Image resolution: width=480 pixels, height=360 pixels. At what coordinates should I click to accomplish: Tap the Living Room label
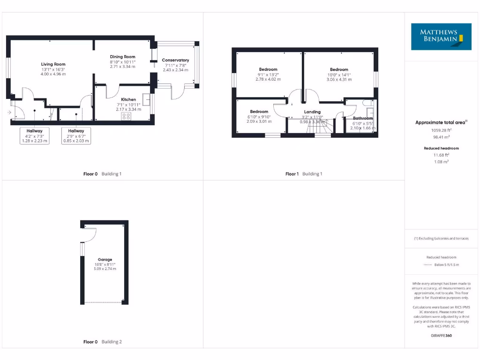[53, 64]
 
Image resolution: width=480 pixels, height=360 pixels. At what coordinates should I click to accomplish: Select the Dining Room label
[122, 57]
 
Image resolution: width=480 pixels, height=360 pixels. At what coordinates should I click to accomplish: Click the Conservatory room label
[175, 60]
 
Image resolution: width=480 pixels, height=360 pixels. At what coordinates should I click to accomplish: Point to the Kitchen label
[128, 99]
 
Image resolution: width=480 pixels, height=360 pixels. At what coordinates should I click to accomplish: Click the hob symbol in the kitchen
[126, 116]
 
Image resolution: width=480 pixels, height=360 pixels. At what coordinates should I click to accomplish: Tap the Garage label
[105, 259]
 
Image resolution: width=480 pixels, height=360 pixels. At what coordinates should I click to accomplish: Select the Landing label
[312, 112]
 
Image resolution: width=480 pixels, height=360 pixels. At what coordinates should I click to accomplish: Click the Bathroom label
[363, 119]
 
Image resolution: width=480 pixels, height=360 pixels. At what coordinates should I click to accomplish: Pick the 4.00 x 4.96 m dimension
[53, 74]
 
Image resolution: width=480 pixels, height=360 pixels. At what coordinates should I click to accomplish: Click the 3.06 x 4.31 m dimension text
[339, 80]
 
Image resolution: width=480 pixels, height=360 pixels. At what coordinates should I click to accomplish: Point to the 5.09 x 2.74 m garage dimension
[105, 269]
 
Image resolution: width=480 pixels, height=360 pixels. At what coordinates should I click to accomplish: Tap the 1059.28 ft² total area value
[442, 130]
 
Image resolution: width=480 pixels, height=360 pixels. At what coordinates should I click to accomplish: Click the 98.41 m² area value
[442, 137]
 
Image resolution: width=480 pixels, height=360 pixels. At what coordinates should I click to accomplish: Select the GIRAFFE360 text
[442, 336]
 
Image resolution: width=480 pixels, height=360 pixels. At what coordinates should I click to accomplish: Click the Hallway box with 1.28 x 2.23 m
[35, 135]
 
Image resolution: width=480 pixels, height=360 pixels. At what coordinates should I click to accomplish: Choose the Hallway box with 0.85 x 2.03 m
[76, 135]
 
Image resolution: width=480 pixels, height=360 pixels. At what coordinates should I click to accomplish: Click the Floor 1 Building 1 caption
[304, 174]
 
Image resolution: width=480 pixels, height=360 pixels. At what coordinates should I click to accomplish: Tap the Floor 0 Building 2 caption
[102, 342]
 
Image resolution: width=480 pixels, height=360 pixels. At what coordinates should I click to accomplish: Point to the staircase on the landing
[322, 127]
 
